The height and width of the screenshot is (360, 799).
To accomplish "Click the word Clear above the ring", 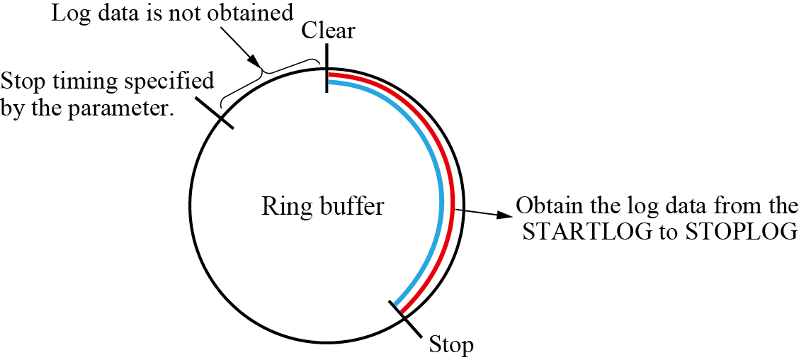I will [x=328, y=30].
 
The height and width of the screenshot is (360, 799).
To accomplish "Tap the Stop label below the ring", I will [x=451, y=346].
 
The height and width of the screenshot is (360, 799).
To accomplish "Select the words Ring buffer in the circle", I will [x=323, y=207].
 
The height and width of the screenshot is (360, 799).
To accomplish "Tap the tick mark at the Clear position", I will [x=327, y=67].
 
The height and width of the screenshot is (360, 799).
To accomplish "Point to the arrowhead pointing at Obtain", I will [x=504, y=215].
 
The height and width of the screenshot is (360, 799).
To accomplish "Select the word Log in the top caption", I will [x=68, y=13].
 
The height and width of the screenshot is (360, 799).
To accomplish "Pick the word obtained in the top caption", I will [x=250, y=13].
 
